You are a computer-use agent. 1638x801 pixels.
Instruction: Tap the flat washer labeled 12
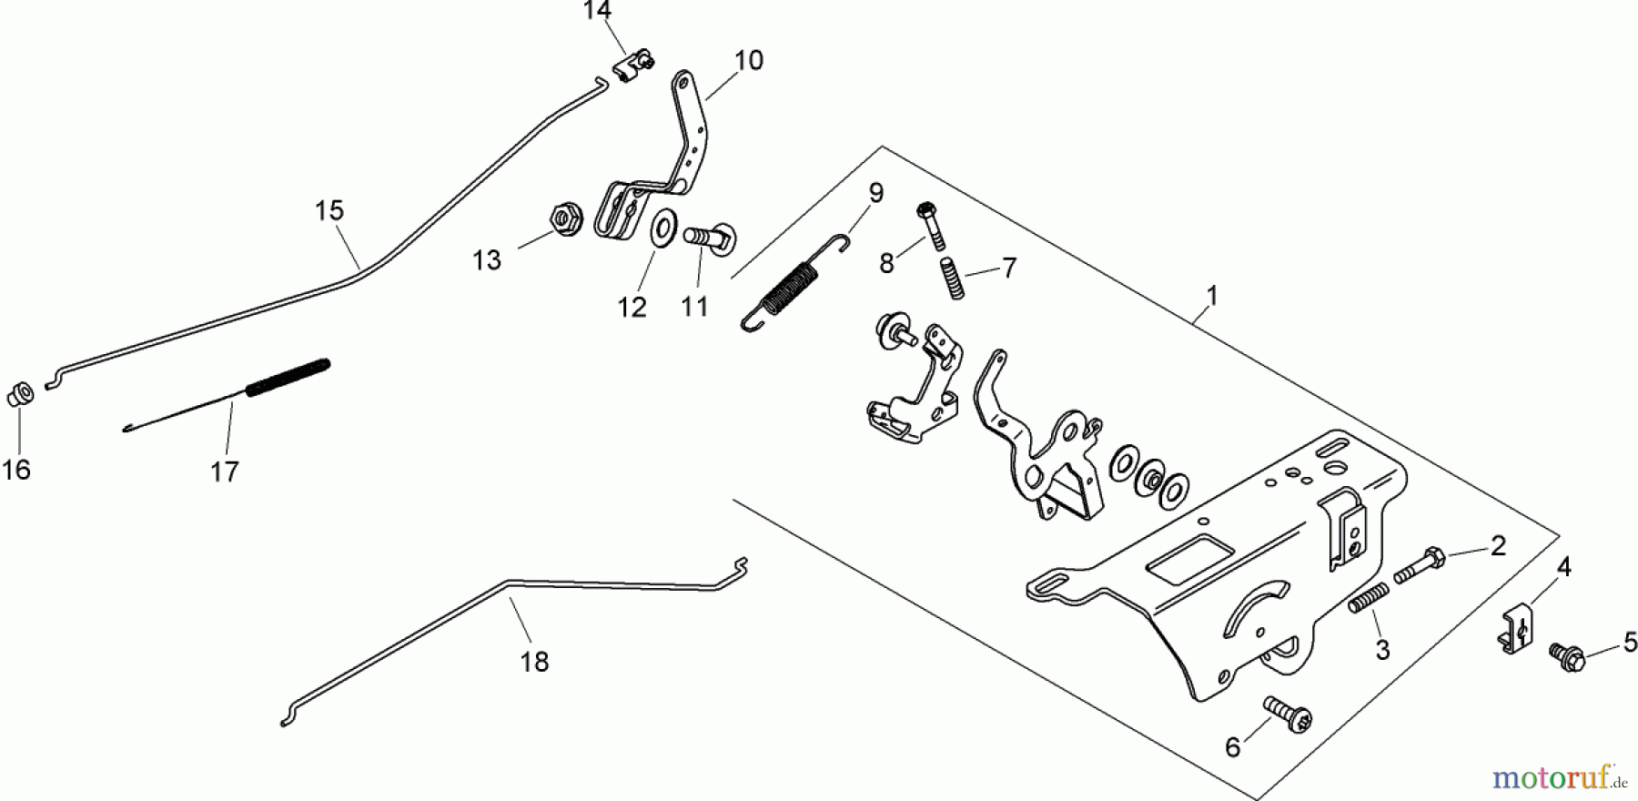(663, 225)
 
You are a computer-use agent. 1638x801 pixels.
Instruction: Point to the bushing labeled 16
(21, 396)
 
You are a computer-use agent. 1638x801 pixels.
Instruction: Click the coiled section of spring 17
(288, 376)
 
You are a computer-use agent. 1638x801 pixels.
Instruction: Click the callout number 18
(535, 662)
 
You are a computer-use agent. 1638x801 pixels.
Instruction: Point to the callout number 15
(329, 211)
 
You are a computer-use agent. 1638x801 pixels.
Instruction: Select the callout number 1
(1211, 296)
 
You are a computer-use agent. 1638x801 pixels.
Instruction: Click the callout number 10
(748, 61)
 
